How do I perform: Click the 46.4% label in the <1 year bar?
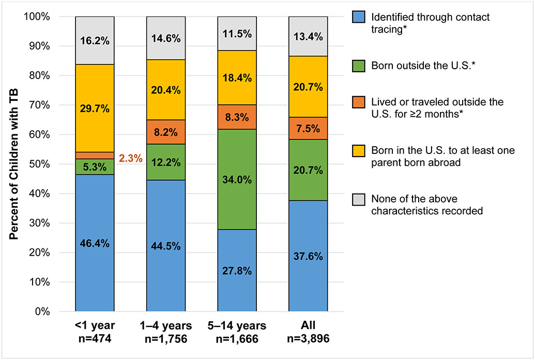coord(95,243)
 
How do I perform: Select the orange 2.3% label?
coord(130,159)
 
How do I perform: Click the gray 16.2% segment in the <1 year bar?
coord(95,40)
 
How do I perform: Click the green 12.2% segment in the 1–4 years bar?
coord(166,162)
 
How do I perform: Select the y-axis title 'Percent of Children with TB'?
coord(14,164)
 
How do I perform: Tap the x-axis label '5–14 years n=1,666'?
coord(237,332)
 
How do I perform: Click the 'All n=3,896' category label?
coord(308,332)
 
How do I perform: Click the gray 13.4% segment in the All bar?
coord(308,36)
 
